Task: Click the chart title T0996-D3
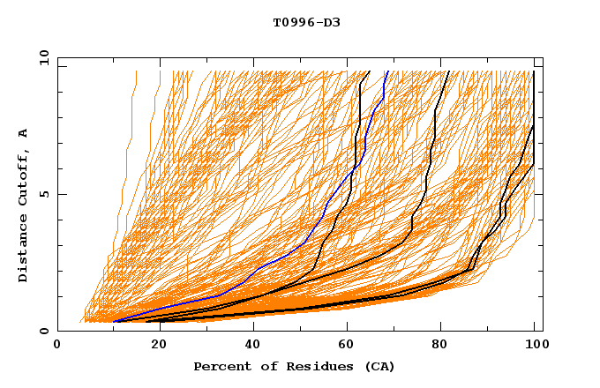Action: [x=306, y=23]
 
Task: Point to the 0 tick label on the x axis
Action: [x=57, y=345]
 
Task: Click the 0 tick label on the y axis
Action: [x=43, y=331]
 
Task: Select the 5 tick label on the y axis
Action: [x=43, y=194]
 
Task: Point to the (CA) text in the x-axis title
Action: [x=379, y=366]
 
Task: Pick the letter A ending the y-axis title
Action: [x=24, y=132]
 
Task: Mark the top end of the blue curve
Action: [x=386, y=71]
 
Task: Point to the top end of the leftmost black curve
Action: [x=370, y=71]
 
